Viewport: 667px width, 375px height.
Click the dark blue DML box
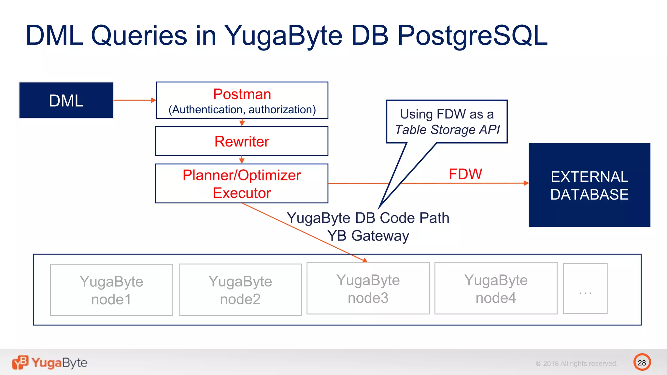pos(66,100)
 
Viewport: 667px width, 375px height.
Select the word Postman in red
pos(242,94)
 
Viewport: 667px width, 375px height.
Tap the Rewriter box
pos(242,141)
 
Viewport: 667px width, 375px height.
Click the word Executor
pos(242,193)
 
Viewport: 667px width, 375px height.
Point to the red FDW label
pos(465,174)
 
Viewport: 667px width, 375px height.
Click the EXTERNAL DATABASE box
pos(589,185)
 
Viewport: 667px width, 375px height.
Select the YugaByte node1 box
pos(111,290)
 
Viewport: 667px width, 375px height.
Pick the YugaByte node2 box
pos(240,290)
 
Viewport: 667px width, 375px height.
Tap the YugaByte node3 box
pos(368,288)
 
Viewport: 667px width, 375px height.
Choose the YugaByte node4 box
pos(496,288)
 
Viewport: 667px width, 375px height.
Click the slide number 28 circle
pos(642,362)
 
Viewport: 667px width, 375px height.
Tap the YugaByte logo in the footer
pos(50,363)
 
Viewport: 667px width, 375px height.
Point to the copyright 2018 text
pos(576,363)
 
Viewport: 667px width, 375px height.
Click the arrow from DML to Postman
pos(134,100)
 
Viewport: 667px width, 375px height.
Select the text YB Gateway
pos(368,236)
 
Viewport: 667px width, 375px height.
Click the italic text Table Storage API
pos(447,130)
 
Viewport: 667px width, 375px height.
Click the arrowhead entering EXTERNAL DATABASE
pos(526,183)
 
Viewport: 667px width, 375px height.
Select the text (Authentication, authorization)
pos(242,110)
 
